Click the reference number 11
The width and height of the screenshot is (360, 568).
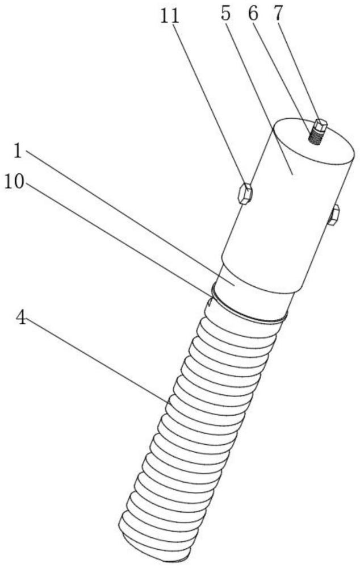click(x=170, y=16)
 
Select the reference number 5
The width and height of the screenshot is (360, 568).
click(x=225, y=15)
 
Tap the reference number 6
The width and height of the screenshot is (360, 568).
click(x=253, y=15)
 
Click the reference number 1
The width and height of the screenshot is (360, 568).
click(x=18, y=151)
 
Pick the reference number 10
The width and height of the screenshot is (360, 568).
click(x=14, y=181)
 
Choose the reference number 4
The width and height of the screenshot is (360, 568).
click(x=21, y=319)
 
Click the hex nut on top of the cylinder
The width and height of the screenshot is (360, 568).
click(x=321, y=126)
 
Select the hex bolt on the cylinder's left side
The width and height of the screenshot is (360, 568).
click(x=245, y=194)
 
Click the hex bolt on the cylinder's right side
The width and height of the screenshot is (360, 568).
click(x=333, y=215)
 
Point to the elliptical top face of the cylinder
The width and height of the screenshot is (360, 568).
click(x=313, y=141)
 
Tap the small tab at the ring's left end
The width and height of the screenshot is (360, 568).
click(x=209, y=302)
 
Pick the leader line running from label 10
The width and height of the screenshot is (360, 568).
click(x=118, y=238)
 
